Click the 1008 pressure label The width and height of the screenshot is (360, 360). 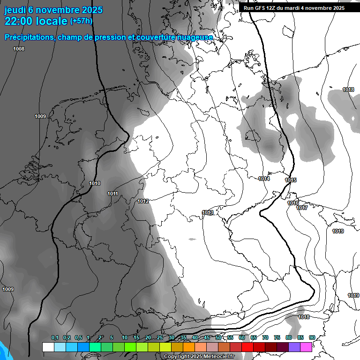coord(19,49)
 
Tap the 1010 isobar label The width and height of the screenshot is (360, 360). coord(95,183)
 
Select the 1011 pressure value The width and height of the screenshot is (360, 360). coord(112,194)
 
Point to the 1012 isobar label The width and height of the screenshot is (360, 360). coord(143,201)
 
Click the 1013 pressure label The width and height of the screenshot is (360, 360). coord(208,212)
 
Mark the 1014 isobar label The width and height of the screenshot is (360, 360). coord(264,179)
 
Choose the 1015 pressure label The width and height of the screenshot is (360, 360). coord(291,180)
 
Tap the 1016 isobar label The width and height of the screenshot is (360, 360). coord(293,203)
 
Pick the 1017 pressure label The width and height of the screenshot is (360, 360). coord(302,208)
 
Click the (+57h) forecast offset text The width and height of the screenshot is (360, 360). coord(81,21)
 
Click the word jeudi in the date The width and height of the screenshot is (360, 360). coord(15,10)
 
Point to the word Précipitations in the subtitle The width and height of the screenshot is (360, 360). coord(28,37)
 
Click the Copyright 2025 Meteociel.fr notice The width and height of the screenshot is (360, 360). coord(199,357)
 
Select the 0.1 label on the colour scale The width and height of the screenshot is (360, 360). coord(55,337)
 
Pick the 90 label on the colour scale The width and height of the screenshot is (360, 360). coord(312,337)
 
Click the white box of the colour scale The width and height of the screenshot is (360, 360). coord(48,347)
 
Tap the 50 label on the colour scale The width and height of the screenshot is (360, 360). coord(218,337)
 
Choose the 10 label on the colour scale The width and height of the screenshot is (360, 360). coord(124,337)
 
